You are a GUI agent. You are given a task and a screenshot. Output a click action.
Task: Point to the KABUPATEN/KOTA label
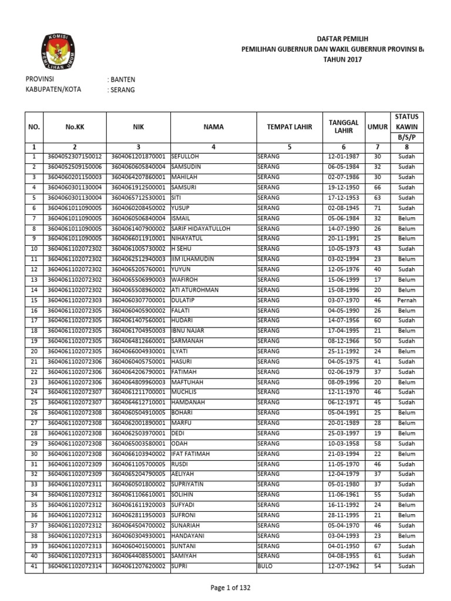[x=53, y=90]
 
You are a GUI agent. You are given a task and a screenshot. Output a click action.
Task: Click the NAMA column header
[x=213, y=126]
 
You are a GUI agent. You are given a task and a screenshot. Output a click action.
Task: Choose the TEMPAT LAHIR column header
[x=290, y=126]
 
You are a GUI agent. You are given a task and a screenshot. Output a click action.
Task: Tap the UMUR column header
[x=378, y=126]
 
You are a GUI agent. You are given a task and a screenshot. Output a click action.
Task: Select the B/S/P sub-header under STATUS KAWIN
[x=406, y=137]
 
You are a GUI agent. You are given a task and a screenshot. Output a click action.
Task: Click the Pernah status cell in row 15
[x=406, y=300]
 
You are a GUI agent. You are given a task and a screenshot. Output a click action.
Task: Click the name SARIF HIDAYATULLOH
[x=200, y=228]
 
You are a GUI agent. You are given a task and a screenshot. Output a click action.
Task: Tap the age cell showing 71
[x=378, y=208]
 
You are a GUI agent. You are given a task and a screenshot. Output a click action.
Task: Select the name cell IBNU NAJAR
[x=188, y=330]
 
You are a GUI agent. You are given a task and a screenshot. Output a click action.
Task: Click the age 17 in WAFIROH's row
[x=378, y=279]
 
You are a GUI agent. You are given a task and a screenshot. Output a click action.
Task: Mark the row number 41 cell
[x=34, y=566]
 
